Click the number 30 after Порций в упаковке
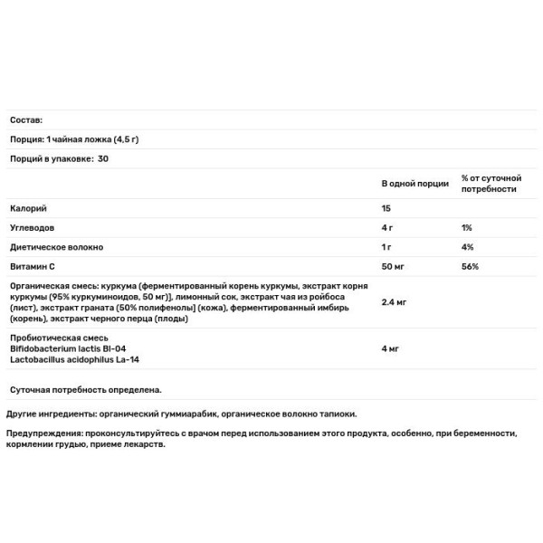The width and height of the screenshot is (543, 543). (102, 158)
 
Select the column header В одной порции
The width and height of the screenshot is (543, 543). (414, 184)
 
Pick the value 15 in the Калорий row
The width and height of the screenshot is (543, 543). (387, 209)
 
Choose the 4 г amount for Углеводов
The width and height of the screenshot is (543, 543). (388, 228)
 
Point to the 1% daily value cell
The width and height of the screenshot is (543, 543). (466, 228)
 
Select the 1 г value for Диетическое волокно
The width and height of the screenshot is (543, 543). (387, 247)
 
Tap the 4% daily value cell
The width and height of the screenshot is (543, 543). (467, 247)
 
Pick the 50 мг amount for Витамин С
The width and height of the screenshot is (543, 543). (394, 267)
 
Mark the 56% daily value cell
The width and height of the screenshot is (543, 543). (470, 267)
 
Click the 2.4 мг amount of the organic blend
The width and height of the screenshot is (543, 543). (395, 301)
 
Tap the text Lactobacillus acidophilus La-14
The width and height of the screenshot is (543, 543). (74, 358)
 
